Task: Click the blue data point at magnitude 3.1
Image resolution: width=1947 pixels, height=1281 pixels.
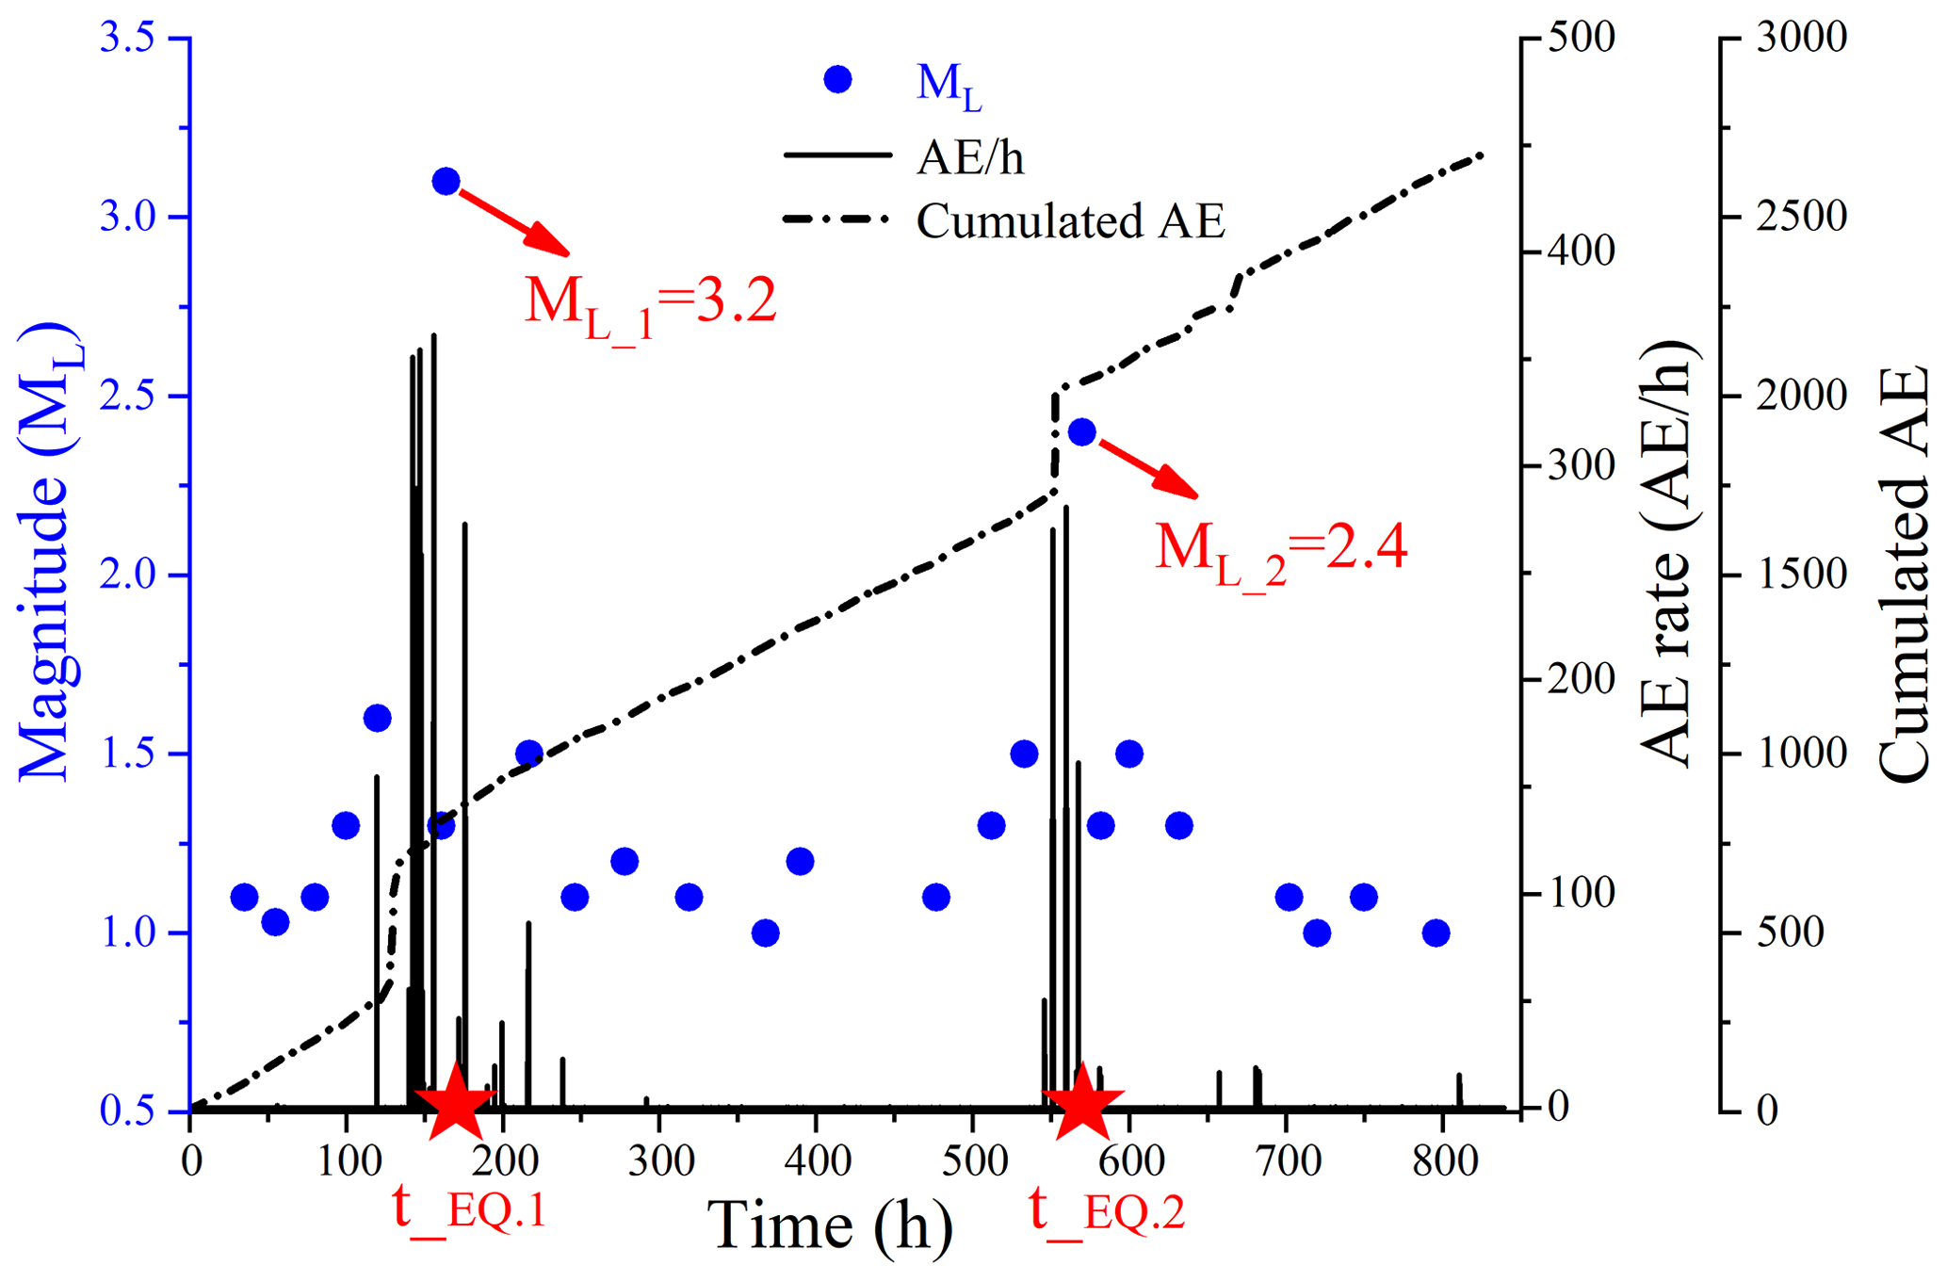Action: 446,181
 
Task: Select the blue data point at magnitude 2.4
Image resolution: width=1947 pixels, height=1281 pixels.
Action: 1081,432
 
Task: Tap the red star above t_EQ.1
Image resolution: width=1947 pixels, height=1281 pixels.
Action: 456,1099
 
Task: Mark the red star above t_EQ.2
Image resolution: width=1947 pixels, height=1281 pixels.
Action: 1082,1099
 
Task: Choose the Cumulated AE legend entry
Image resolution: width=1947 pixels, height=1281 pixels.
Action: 1070,221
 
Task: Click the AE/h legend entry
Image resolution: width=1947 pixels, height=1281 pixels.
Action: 970,157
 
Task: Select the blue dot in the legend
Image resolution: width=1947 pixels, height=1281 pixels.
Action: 837,80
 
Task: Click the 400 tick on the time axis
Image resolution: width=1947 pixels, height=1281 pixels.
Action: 816,1160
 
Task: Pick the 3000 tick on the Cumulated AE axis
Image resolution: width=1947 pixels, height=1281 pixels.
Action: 1800,39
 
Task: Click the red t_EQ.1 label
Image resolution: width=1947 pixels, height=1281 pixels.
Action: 469,1208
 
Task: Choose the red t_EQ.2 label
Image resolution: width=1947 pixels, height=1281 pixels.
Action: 1107,1208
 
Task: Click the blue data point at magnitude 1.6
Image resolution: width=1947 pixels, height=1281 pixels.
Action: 377,718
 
